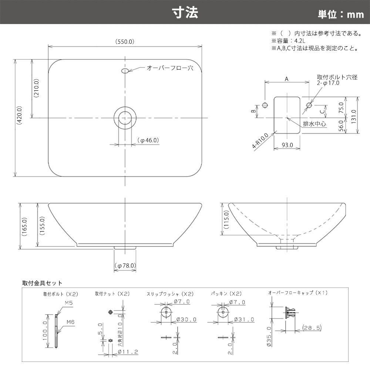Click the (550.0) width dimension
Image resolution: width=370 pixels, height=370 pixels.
click(x=125, y=42)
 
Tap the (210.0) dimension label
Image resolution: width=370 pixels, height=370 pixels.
click(x=36, y=88)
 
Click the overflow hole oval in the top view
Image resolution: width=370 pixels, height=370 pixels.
click(x=125, y=71)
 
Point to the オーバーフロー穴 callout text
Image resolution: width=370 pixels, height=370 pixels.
click(x=170, y=68)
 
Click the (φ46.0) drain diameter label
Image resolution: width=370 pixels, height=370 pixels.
click(x=148, y=140)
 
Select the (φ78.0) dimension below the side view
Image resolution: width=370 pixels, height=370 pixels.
click(x=125, y=266)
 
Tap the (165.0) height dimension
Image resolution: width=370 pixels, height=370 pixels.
click(x=24, y=227)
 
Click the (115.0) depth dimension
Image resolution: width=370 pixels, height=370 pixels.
click(x=226, y=220)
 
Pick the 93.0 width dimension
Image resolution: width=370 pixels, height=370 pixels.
click(x=287, y=145)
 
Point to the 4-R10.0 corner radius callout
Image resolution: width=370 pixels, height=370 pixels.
click(x=260, y=141)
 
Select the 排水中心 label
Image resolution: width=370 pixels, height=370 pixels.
click(x=314, y=124)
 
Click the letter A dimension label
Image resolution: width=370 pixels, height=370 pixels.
click(x=287, y=79)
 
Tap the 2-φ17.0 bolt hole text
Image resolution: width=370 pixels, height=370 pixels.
click(x=328, y=83)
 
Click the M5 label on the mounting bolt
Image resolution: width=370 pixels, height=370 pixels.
click(x=68, y=303)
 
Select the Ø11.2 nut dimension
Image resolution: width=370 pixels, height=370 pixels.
click(x=128, y=352)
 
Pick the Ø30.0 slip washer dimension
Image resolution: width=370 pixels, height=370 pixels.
click(x=186, y=320)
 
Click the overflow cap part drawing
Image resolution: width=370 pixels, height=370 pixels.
click(x=292, y=312)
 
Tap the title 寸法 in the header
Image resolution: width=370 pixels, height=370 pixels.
click(x=185, y=13)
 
